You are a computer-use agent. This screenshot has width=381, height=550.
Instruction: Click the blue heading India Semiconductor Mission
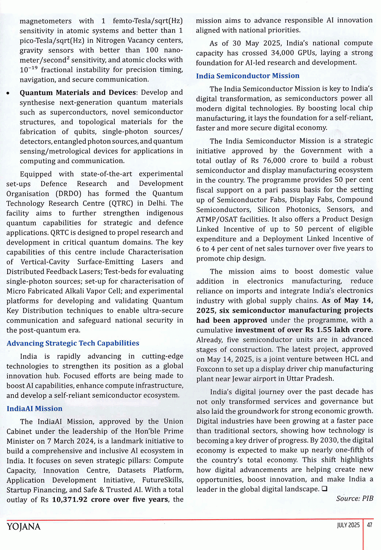pos(247,76)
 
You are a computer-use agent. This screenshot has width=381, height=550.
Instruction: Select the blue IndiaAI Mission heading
pos(34,408)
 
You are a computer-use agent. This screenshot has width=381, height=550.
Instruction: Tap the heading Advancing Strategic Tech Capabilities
pos(73,343)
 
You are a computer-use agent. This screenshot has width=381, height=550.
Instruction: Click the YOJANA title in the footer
pos(23,526)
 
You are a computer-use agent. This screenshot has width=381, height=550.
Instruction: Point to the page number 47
pos(370,525)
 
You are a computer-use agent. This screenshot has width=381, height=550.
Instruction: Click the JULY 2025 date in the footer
pos(348,525)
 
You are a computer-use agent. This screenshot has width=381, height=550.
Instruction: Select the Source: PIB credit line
pos(355,498)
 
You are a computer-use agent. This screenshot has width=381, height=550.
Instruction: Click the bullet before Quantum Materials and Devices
pos(8,93)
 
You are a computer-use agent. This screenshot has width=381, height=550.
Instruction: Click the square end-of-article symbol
pos(324,489)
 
